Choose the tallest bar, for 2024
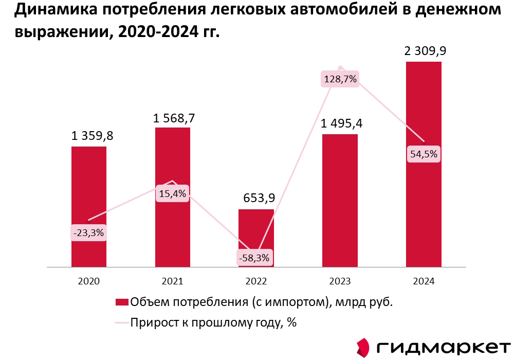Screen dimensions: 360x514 (424, 103)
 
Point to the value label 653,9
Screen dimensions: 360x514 (256, 199)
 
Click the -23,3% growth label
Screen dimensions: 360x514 (89, 233)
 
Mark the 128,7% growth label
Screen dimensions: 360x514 (340, 79)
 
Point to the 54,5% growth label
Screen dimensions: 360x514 (424, 154)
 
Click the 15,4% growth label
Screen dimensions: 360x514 (172, 194)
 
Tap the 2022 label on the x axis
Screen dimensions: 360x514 (256, 281)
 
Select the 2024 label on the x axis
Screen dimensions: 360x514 (424, 281)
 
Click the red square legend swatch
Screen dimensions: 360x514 (122, 302)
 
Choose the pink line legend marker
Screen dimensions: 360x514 (122, 323)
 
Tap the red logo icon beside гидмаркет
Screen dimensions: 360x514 (363, 347)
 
